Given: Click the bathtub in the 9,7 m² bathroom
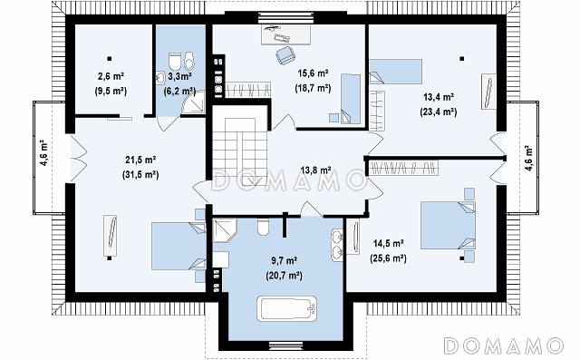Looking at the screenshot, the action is [287, 308].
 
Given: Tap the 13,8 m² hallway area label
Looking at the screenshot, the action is [315, 170].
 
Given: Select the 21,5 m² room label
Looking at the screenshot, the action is [140, 160].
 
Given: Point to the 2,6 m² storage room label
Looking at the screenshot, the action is [111, 76].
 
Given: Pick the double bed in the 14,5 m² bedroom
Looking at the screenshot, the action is [448, 225].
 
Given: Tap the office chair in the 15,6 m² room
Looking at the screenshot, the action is [285, 55].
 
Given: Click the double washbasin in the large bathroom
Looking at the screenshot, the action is [337, 245].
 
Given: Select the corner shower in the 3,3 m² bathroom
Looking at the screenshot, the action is [194, 101].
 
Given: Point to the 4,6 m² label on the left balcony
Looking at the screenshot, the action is [44, 153].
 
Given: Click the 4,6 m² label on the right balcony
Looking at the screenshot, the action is [528, 158].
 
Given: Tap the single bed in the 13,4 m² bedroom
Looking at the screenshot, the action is [395, 72].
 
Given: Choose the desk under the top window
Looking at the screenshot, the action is [285, 34].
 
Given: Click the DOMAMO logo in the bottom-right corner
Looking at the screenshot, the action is [504, 345].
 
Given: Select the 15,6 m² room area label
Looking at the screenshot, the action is [313, 73].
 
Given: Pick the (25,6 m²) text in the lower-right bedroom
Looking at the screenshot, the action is [388, 258].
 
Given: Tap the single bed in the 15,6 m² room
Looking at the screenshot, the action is [351, 99].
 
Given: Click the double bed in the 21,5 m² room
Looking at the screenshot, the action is [179, 246].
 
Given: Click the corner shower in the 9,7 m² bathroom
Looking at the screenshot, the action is [224, 229].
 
